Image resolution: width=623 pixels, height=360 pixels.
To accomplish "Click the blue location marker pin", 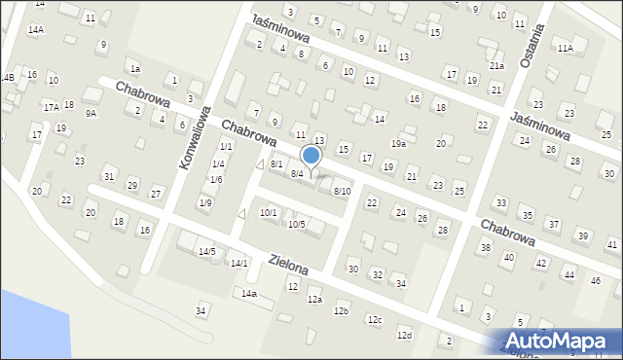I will tap(311, 156).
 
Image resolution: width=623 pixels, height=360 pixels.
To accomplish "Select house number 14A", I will tap(35, 30).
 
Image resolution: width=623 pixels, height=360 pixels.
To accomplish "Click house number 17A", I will tap(51, 107).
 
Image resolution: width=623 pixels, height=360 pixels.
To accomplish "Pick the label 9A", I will tap(91, 113).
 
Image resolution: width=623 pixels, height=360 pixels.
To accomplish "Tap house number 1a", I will tap(135, 69).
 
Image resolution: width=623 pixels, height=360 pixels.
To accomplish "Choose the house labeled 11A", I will tap(565, 47).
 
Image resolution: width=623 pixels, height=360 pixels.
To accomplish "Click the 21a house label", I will tap(496, 66).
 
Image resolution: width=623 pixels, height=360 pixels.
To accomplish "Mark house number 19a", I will tap(398, 143).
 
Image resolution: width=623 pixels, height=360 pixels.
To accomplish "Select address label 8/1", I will tap(276, 163).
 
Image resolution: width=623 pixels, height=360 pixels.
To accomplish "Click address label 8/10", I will tap(342, 191).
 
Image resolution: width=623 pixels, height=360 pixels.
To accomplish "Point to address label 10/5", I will tap(297, 224).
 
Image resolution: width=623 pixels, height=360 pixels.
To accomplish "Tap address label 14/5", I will tap(206, 251).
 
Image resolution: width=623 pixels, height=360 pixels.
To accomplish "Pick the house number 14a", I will tap(249, 293).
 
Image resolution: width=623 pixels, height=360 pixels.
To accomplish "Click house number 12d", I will tap(404, 335).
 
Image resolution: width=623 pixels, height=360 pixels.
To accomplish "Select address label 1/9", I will tap(204, 202).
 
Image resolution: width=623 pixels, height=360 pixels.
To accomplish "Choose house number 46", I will tap(595, 280).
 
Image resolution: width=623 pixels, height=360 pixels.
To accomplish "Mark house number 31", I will tap(109, 176).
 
